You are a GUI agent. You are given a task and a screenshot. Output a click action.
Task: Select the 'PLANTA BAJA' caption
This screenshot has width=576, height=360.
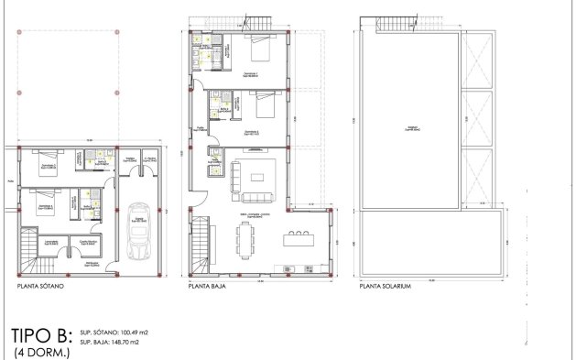207,286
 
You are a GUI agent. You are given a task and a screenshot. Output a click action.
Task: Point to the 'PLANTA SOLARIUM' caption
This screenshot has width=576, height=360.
384,286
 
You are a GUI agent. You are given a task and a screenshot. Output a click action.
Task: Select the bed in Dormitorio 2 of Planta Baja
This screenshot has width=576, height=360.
263,108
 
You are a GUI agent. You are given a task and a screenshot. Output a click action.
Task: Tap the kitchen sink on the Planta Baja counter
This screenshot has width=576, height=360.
289,268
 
